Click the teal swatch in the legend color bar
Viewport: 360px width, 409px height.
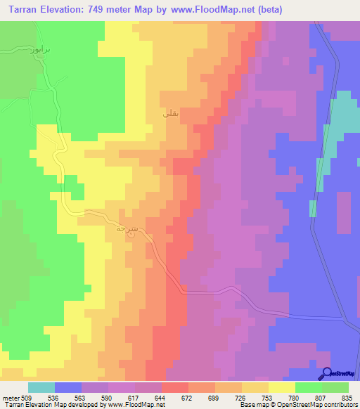pos(41,388)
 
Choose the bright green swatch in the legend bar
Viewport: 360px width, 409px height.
pos(309,388)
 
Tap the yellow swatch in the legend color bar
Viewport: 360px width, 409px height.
pos(282,388)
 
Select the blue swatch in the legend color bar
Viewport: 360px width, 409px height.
pos(68,388)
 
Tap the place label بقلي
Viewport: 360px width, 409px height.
pos(170,112)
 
